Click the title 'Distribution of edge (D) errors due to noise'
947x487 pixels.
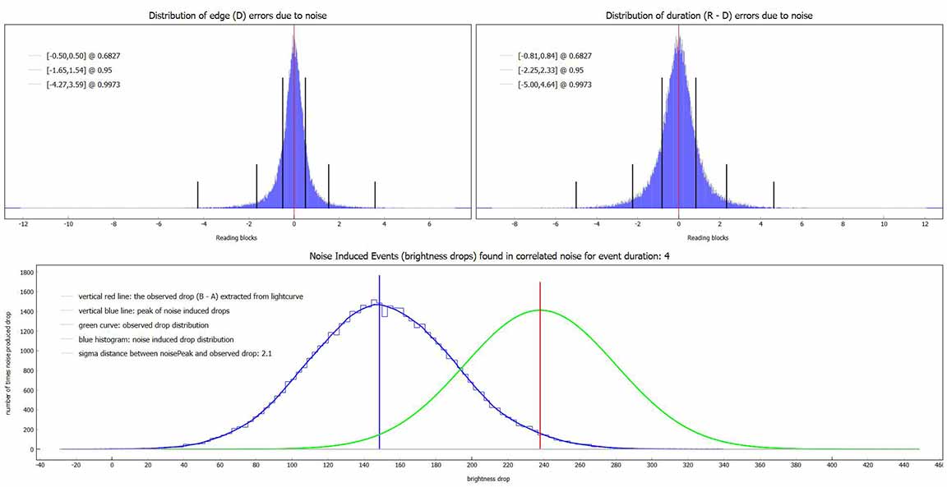point(238,16)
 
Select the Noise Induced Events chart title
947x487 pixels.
point(474,257)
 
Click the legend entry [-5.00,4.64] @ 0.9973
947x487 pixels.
point(555,85)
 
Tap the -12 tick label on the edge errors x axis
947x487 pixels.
point(25,223)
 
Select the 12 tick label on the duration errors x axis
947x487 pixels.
point(924,223)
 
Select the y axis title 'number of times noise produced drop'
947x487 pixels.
point(8,361)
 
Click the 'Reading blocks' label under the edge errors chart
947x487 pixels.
point(238,238)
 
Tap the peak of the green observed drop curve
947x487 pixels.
point(540,310)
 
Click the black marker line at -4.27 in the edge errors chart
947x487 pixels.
point(198,195)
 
